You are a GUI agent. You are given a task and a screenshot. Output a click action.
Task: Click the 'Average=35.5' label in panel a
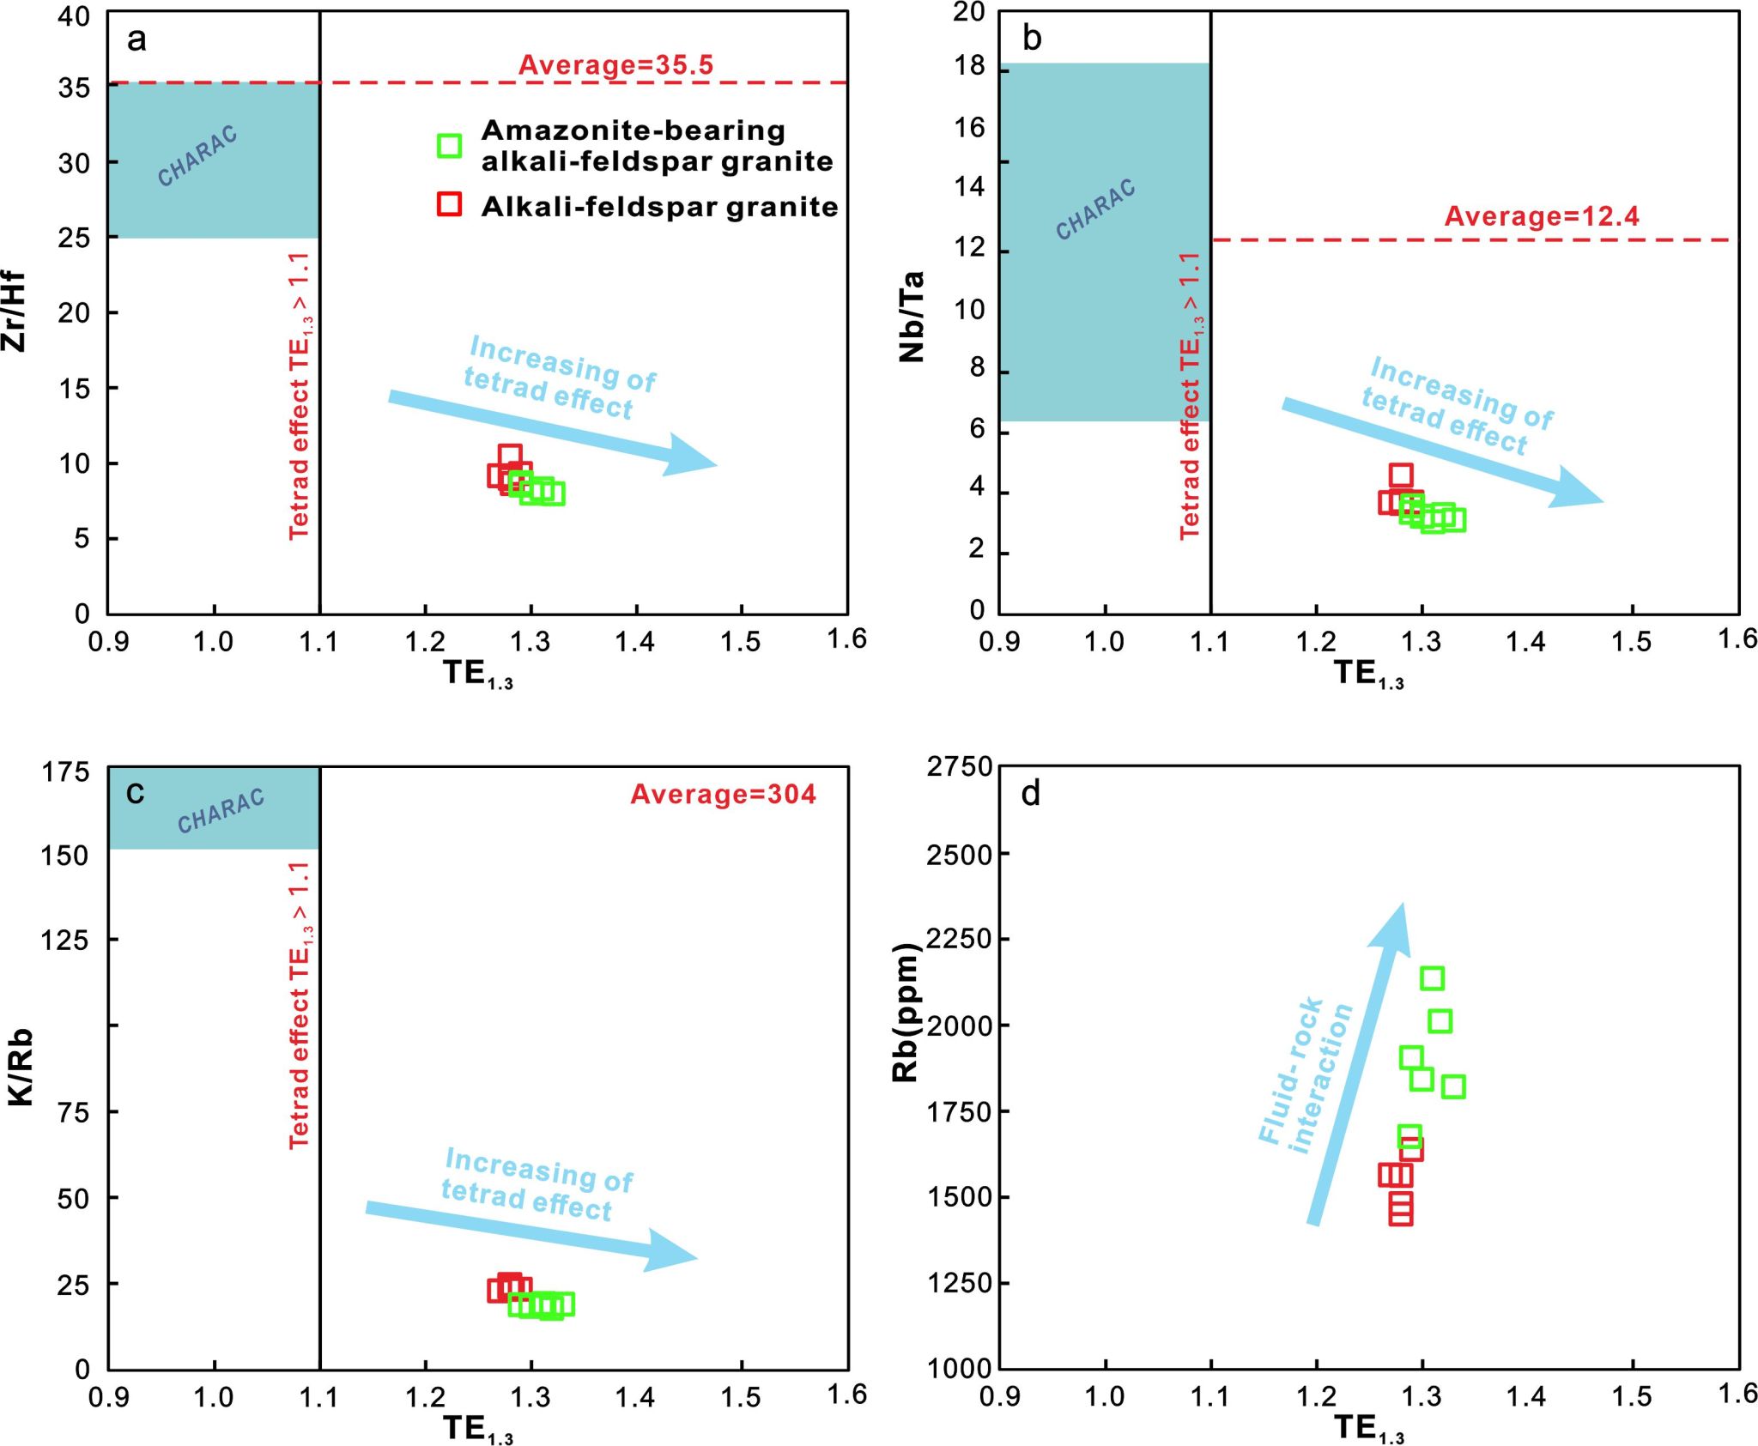(615, 65)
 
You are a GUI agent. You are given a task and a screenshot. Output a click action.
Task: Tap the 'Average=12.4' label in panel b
(1542, 216)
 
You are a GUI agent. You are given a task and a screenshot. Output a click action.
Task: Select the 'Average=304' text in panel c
(723, 795)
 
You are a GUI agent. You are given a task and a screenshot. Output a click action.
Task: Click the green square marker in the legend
(449, 146)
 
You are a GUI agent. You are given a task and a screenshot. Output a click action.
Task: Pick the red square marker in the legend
(449, 204)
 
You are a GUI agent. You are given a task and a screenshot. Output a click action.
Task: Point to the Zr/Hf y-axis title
(15, 312)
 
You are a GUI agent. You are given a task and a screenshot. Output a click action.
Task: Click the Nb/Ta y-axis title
(912, 316)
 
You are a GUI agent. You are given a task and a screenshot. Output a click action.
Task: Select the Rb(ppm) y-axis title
(906, 1013)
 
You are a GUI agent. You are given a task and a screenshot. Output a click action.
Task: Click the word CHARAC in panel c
(221, 811)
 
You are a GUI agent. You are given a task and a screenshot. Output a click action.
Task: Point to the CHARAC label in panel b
(1095, 209)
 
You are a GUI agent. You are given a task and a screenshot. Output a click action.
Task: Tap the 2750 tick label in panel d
(959, 766)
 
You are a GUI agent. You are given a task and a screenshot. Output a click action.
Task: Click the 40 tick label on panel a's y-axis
(74, 16)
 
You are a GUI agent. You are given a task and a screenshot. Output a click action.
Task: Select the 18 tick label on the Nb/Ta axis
(970, 66)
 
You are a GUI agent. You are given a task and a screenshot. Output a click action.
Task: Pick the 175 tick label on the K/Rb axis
(65, 772)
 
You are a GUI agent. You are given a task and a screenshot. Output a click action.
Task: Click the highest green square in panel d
(1432, 977)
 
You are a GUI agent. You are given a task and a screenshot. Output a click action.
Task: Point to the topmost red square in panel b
(1401, 475)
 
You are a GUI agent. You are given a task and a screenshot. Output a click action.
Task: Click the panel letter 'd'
(1031, 794)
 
